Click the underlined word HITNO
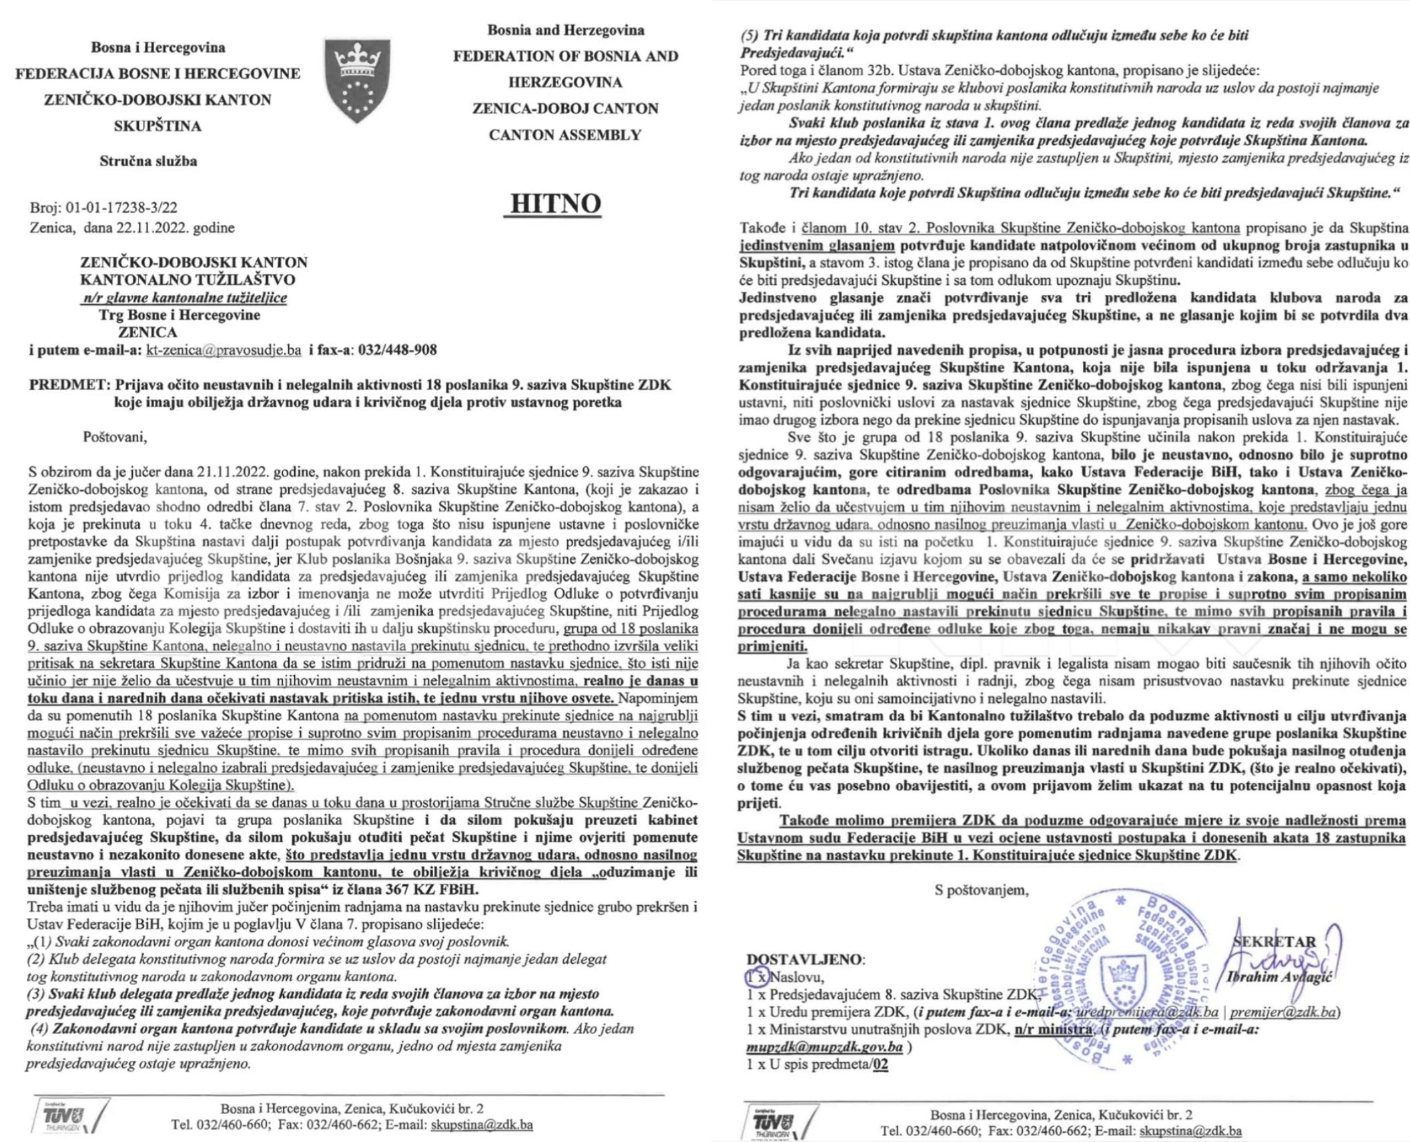pyautogui.click(x=551, y=203)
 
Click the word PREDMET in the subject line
pyautogui.click(x=69, y=385)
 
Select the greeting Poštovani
pyautogui.click(x=115, y=438)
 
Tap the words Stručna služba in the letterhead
pyautogui.click(x=148, y=161)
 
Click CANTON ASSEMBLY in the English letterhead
pyautogui.click(x=565, y=135)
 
